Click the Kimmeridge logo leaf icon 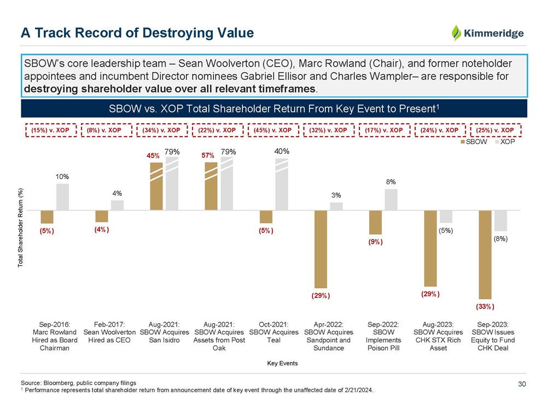pyautogui.click(x=456, y=33)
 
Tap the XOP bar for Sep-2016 pyautogui.click(x=62, y=197)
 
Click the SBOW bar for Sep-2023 pyautogui.click(x=485, y=254)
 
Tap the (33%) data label pyautogui.click(x=485, y=306)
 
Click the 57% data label pyautogui.click(x=207, y=156)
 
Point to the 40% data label pyautogui.click(x=282, y=151)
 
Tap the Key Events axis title pyautogui.click(x=282, y=363)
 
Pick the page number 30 pyautogui.click(x=521, y=384)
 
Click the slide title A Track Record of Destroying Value pyautogui.click(x=137, y=33)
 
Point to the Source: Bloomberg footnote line pyautogui.click(x=78, y=382)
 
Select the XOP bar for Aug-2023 pyautogui.click(x=446, y=217)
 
